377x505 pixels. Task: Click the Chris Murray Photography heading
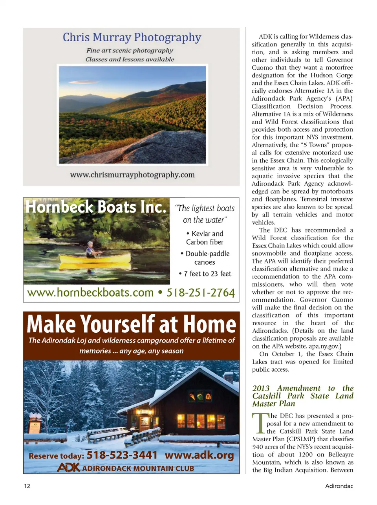pyautogui.click(x=132, y=37)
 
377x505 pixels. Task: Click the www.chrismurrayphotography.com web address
pyautogui.click(x=132, y=175)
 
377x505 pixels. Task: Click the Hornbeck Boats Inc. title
pyautogui.click(x=96, y=207)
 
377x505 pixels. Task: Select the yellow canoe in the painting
pyautogui.click(x=95, y=258)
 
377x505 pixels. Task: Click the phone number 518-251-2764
pyautogui.click(x=201, y=293)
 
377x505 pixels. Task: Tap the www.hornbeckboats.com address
pyautogui.click(x=90, y=293)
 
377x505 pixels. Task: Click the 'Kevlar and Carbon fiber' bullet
pyautogui.click(x=205, y=238)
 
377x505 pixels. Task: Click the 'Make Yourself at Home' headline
pyautogui.click(x=131, y=324)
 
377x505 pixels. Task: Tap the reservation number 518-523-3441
pyautogui.click(x=122, y=455)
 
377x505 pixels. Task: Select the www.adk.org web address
pyautogui.click(x=199, y=455)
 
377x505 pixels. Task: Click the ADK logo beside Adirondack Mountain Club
pyautogui.click(x=68, y=468)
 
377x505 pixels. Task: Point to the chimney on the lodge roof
pyautogui.click(x=228, y=378)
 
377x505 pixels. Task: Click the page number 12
pyautogui.click(x=27, y=486)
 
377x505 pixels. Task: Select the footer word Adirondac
pyautogui.click(x=339, y=486)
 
